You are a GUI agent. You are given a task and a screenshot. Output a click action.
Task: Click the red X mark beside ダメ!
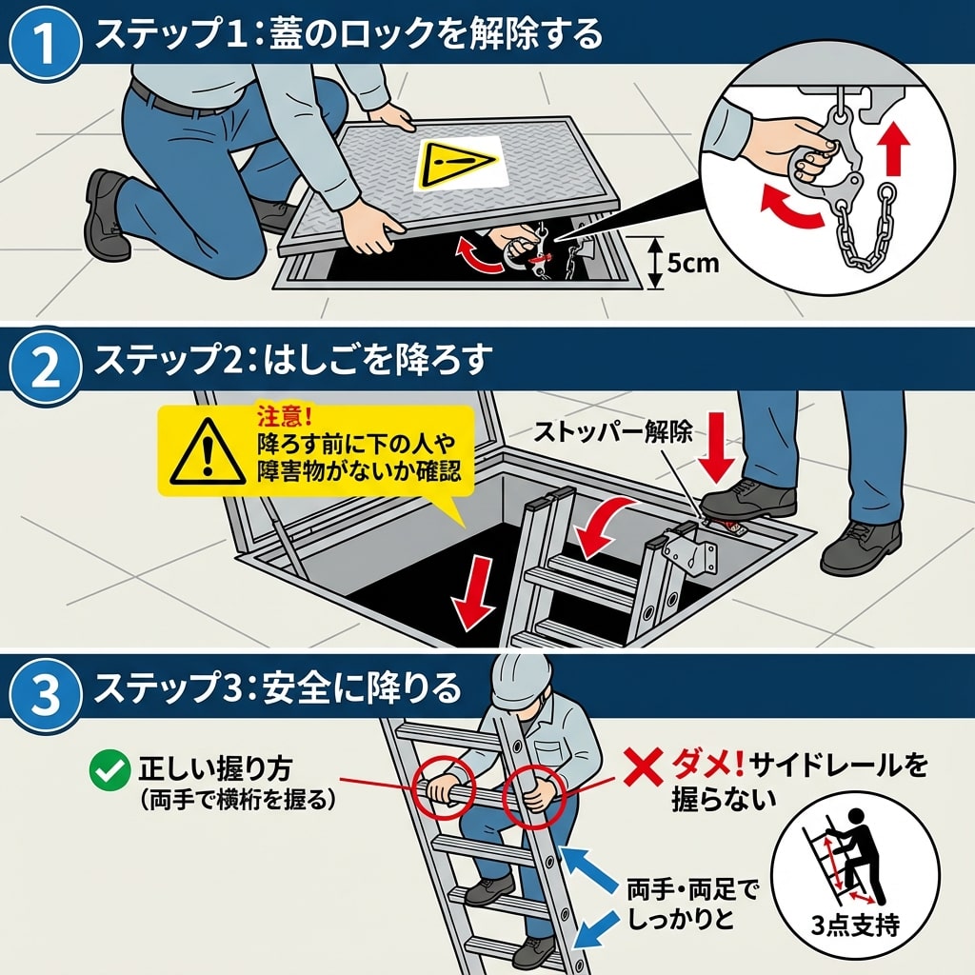coord(644,768)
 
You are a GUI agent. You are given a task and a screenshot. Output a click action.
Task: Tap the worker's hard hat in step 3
coord(520,682)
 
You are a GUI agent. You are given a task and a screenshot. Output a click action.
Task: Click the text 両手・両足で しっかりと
coord(692,905)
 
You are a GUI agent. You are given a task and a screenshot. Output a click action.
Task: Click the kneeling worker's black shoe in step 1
coord(105,218)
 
